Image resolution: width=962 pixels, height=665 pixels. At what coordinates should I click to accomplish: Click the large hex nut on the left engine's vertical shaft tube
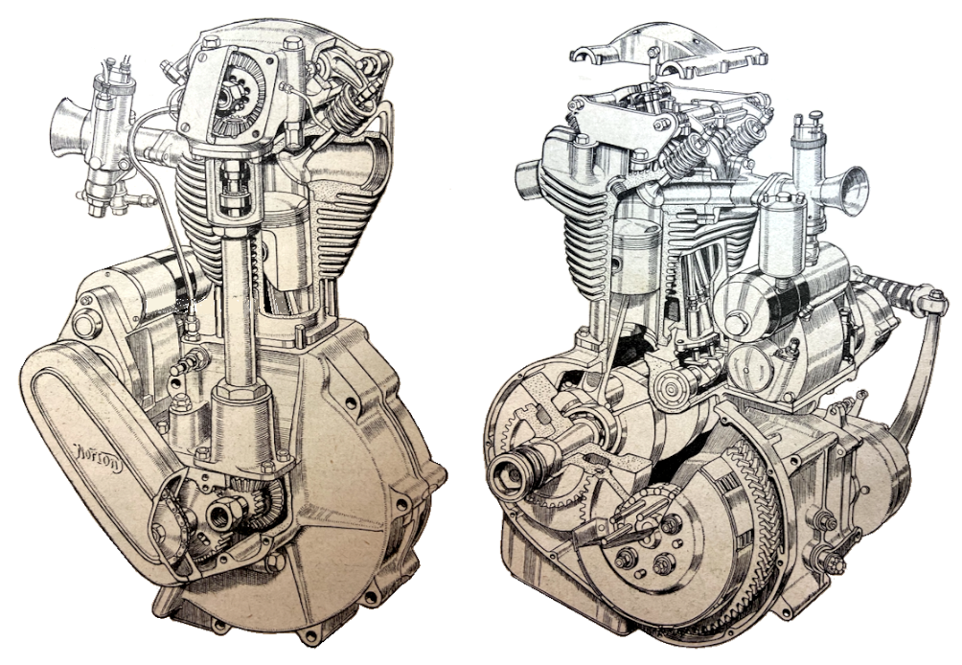[233, 395]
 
